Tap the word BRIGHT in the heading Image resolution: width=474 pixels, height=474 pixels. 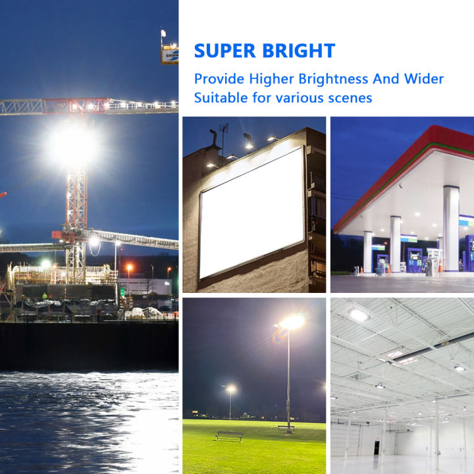301,51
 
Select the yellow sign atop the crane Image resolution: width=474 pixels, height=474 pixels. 170,55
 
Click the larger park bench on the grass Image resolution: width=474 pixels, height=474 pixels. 228,436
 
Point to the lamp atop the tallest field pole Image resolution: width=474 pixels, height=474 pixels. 292,322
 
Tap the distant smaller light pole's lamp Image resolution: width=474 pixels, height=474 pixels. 230,389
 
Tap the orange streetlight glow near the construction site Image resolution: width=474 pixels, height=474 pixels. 129,268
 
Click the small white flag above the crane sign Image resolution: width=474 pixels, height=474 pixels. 163,32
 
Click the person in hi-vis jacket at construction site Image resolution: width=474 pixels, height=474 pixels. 45,296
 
